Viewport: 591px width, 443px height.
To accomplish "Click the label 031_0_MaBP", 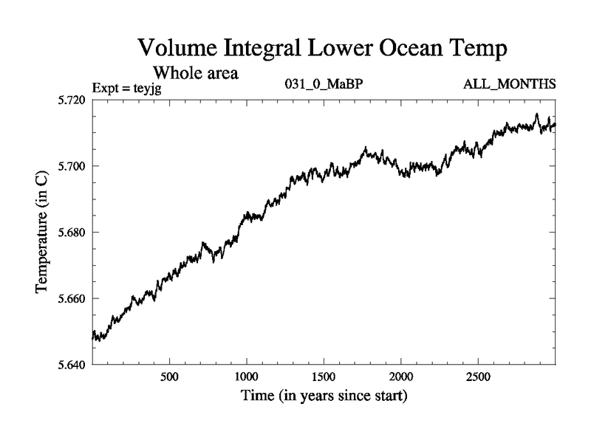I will click(x=324, y=84).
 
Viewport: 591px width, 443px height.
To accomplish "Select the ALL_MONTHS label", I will click(x=509, y=84).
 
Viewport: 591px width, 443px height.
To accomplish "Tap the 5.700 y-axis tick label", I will click(x=72, y=166).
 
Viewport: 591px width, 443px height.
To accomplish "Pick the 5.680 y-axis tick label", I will click(x=72, y=233).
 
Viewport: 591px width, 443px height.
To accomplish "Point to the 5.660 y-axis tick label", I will click(x=72, y=299).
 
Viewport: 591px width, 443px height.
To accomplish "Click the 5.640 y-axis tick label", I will click(x=72, y=365).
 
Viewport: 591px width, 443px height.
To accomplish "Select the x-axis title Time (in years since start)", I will click(x=324, y=396).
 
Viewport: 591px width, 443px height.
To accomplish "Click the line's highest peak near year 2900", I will click(x=537, y=114).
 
